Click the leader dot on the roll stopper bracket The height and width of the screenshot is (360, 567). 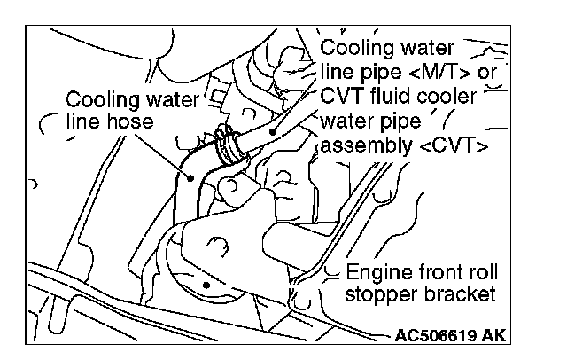[x=206, y=285]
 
